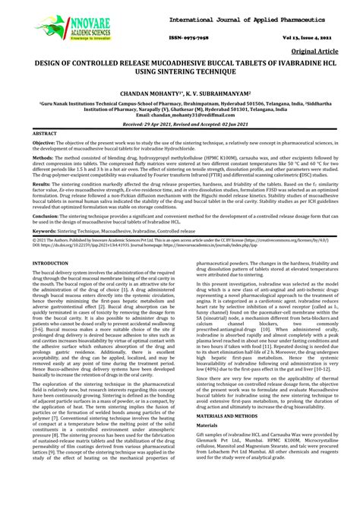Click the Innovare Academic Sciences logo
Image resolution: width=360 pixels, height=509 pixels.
click(x=63, y=28)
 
